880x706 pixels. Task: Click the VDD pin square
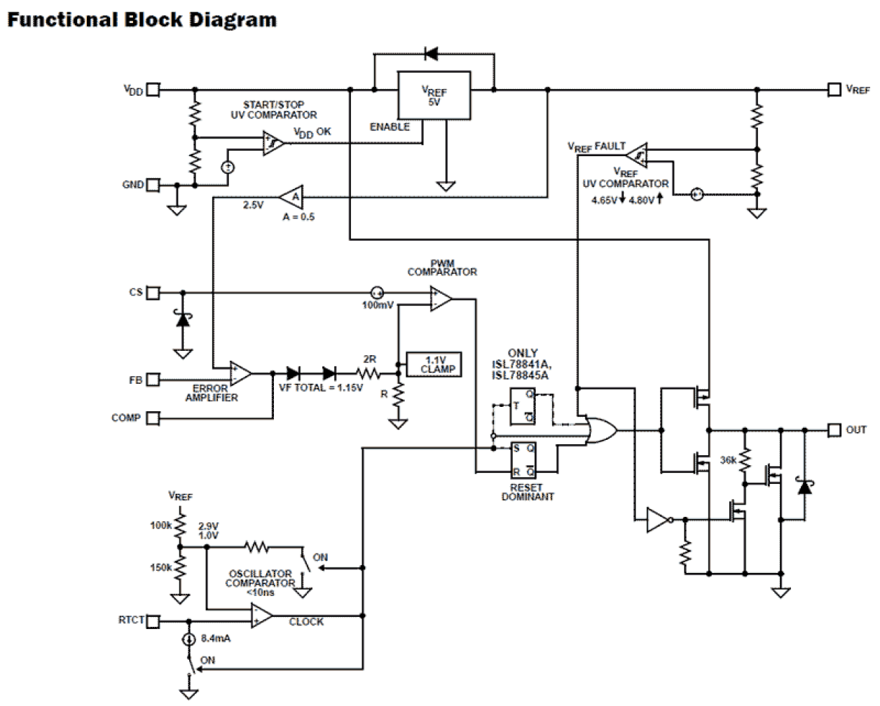(x=153, y=90)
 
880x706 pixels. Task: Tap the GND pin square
(x=153, y=185)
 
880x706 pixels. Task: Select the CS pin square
(x=153, y=292)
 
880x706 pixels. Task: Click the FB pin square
(x=153, y=380)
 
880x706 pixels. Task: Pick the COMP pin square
(x=153, y=418)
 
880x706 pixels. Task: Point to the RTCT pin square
(x=153, y=621)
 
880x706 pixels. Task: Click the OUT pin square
(x=834, y=429)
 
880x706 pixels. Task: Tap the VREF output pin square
(x=834, y=90)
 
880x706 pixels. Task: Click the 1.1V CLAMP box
(x=434, y=364)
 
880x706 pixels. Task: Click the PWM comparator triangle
(x=441, y=299)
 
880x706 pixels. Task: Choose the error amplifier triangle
(x=240, y=373)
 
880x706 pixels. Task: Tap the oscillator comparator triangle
(x=261, y=616)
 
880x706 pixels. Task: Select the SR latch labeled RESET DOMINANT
(x=523, y=459)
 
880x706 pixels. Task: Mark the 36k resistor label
(x=728, y=460)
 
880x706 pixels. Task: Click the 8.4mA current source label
(x=216, y=638)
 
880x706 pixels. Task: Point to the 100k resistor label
(x=160, y=525)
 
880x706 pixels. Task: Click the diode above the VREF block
(x=431, y=53)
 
